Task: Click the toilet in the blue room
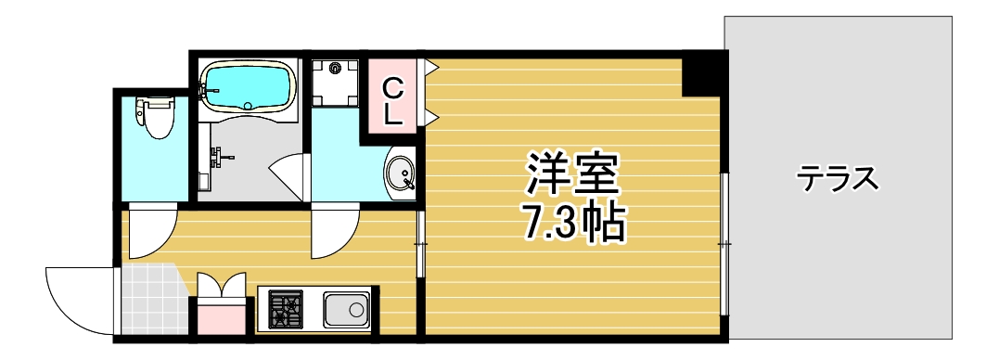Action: (154, 116)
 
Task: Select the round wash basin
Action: (401, 174)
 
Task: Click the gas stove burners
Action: (286, 308)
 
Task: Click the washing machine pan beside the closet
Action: (335, 82)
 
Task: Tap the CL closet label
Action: (392, 102)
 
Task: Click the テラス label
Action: (838, 177)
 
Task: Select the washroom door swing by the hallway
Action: (334, 234)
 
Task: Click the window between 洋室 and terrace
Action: (724, 244)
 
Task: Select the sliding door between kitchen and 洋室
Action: (420, 244)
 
